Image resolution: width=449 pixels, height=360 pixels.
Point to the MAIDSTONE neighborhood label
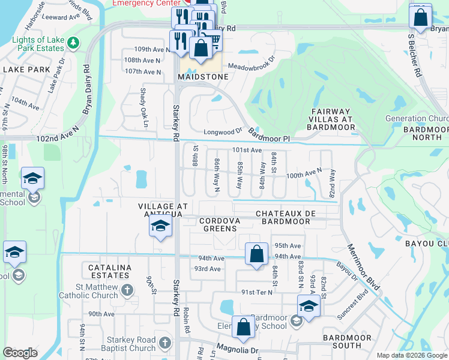[x=203, y=77]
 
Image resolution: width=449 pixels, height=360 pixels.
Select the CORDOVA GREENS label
[x=220, y=224]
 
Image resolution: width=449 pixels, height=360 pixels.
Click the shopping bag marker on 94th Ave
[x=256, y=253]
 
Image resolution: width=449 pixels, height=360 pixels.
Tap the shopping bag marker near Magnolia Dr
[x=243, y=327]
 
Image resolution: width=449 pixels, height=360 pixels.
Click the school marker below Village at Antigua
[x=160, y=226]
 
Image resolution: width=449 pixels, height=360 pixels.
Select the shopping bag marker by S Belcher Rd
[x=420, y=16]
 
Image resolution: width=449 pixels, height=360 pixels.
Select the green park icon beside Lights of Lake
[x=73, y=43]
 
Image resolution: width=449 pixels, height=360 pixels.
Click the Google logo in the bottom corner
[x=20, y=353]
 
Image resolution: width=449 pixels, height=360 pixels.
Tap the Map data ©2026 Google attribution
[x=411, y=355]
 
